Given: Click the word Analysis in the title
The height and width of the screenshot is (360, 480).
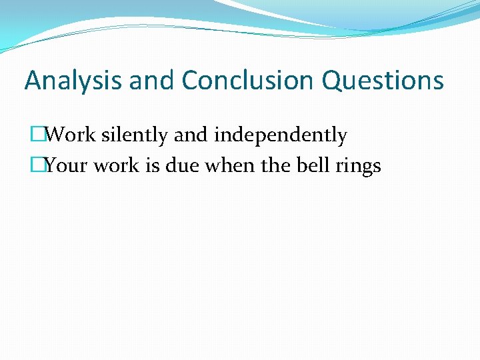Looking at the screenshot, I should point(74,81).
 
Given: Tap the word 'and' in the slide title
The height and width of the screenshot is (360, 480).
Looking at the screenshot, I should point(152,81).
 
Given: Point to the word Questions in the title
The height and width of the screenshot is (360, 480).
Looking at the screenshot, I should point(383,81).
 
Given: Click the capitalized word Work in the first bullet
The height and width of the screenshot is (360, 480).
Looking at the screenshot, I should point(71,135).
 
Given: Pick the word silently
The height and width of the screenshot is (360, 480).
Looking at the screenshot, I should point(135,135).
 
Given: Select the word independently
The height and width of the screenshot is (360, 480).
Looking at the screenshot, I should point(281,135).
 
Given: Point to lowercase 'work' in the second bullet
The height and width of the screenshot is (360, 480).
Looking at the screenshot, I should point(115,165).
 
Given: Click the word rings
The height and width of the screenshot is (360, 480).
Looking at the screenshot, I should point(358,165).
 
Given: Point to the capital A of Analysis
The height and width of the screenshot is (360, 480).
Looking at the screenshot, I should point(33,81).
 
